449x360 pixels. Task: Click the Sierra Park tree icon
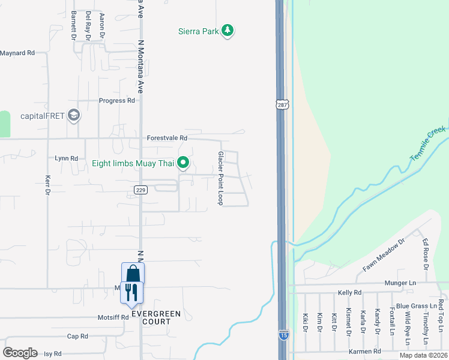pyautogui.click(x=227, y=30)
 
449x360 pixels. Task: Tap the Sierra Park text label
pyautogui.click(x=198, y=31)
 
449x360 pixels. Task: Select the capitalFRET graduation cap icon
pyautogui.click(x=74, y=115)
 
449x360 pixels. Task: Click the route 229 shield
pyautogui.click(x=139, y=190)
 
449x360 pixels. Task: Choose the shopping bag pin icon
pyautogui.click(x=133, y=274)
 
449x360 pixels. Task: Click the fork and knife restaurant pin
pyautogui.click(x=132, y=293)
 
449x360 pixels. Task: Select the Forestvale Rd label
pyautogui.click(x=167, y=138)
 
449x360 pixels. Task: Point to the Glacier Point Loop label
pyautogui.click(x=220, y=178)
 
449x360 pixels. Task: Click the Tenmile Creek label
pyautogui.click(x=429, y=143)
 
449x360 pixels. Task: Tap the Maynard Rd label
pyautogui.click(x=17, y=53)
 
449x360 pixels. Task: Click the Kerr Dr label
pyautogui.click(x=47, y=185)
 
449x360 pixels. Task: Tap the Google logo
pyautogui.click(x=20, y=352)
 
